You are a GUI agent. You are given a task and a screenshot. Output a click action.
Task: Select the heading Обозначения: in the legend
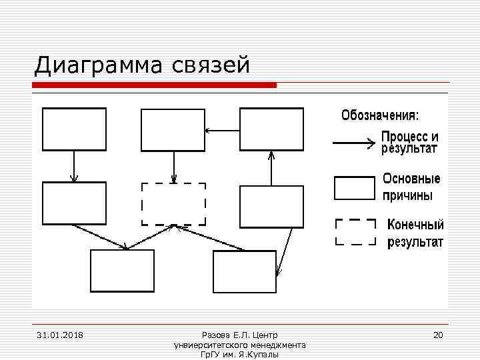coord(381,115)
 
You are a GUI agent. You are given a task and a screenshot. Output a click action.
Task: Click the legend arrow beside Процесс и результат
coord(353,142)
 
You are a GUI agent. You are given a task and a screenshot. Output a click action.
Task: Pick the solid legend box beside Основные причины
coord(354,188)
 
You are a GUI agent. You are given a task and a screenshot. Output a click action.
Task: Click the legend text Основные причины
coord(411,187)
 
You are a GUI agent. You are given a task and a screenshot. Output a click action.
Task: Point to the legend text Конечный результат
coord(415,233)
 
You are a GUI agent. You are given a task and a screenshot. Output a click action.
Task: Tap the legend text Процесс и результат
coord(409,142)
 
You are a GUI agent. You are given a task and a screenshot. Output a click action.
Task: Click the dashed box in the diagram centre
coord(173,203)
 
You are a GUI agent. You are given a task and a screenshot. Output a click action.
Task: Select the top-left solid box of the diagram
coord(74,129)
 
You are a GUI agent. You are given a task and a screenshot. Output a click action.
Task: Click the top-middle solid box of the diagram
coord(173,129)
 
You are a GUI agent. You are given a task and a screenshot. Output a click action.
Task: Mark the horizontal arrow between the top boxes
coord(222,129)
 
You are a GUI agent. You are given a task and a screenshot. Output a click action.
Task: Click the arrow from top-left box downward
coord(74,166)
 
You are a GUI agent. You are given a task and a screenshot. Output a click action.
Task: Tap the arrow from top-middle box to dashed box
coord(174,167)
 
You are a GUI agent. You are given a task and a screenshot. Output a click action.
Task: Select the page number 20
coord(438,334)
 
